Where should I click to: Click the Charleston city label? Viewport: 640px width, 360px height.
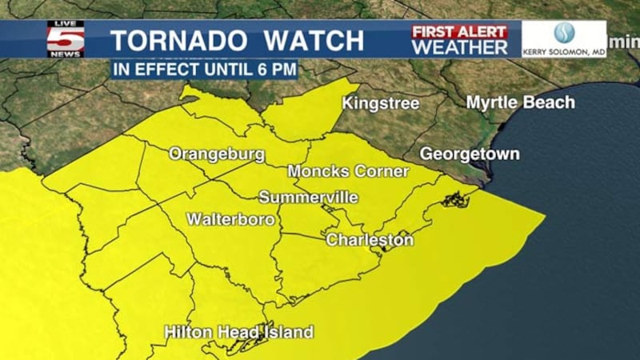(x=370, y=240)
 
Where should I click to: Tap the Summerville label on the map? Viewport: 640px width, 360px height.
(x=308, y=198)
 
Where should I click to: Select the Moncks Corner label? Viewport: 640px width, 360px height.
(x=348, y=171)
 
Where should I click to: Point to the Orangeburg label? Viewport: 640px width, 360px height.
(x=217, y=154)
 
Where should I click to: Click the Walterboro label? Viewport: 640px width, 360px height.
(x=231, y=218)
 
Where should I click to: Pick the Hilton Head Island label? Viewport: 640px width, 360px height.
(x=238, y=332)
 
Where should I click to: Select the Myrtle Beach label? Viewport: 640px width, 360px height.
(x=520, y=102)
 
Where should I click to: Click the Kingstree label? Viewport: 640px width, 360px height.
(x=381, y=103)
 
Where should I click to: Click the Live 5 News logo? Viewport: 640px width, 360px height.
(x=65, y=38)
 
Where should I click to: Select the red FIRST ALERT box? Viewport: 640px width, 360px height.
(x=459, y=31)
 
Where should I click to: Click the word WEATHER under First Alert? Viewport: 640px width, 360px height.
(x=459, y=47)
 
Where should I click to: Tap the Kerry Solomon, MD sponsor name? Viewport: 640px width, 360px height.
(x=564, y=52)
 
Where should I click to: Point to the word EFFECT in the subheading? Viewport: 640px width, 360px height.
(x=160, y=70)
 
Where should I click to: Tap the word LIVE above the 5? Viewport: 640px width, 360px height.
(x=65, y=25)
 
